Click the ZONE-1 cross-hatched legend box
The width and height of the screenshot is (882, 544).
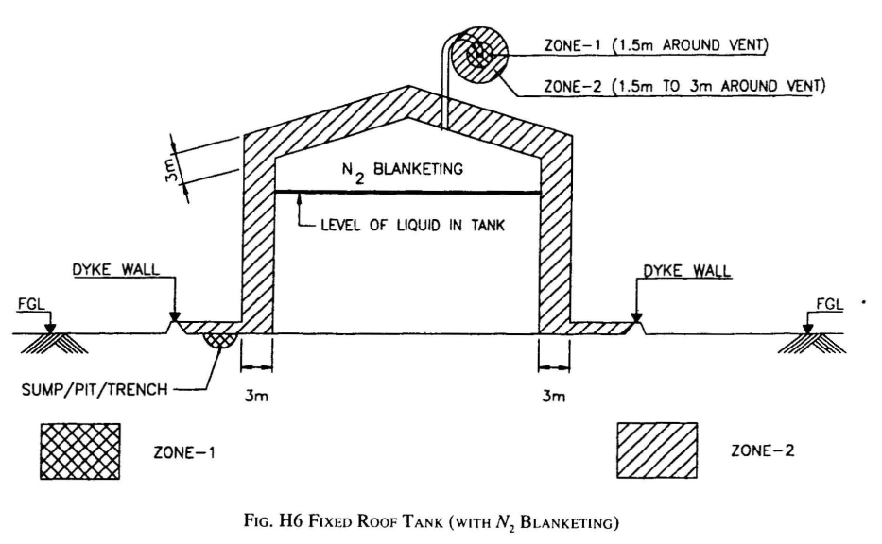[79, 450]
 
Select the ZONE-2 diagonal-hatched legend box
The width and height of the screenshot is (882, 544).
[657, 450]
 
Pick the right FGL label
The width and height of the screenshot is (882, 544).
[823, 305]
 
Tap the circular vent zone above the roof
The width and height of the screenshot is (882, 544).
[480, 53]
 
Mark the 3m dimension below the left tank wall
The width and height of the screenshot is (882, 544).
[257, 397]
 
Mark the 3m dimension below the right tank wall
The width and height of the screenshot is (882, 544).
[553, 397]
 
